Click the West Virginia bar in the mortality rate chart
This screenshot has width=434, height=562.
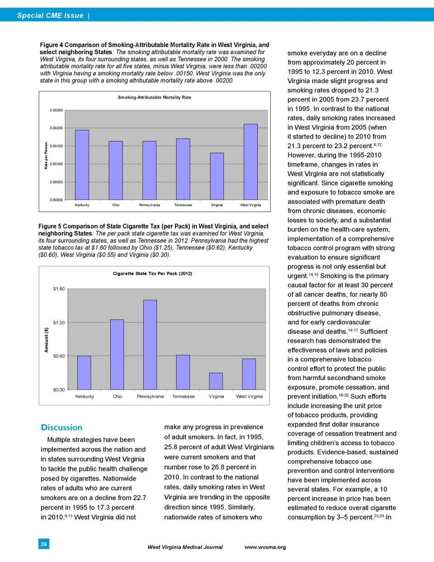(250, 162)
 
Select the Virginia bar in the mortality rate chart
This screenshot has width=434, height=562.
(217, 176)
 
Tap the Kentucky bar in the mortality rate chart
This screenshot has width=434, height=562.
(82, 165)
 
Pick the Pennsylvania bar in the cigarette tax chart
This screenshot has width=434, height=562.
(150, 344)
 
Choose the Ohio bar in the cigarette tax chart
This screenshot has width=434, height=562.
(117, 354)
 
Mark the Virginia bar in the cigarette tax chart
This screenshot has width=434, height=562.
(216, 381)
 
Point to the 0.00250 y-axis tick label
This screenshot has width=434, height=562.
(57, 110)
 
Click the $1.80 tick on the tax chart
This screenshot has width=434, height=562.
(59, 289)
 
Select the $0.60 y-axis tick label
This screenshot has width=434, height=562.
(59, 356)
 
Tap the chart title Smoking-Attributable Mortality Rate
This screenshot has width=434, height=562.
(155, 97)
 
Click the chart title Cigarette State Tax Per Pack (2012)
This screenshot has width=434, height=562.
(152, 273)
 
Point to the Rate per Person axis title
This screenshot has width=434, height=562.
(46, 156)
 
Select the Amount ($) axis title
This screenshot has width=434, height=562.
(46, 340)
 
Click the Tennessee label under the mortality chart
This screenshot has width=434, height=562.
(183, 205)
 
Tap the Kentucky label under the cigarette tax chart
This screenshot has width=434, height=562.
(85, 396)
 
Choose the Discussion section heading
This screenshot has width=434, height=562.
(61, 427)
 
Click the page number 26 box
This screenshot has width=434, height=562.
(44, 544)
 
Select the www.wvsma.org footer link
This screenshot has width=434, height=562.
(265, 547)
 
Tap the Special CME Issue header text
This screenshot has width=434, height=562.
(50, 15)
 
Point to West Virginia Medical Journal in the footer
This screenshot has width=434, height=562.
(185, 547)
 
